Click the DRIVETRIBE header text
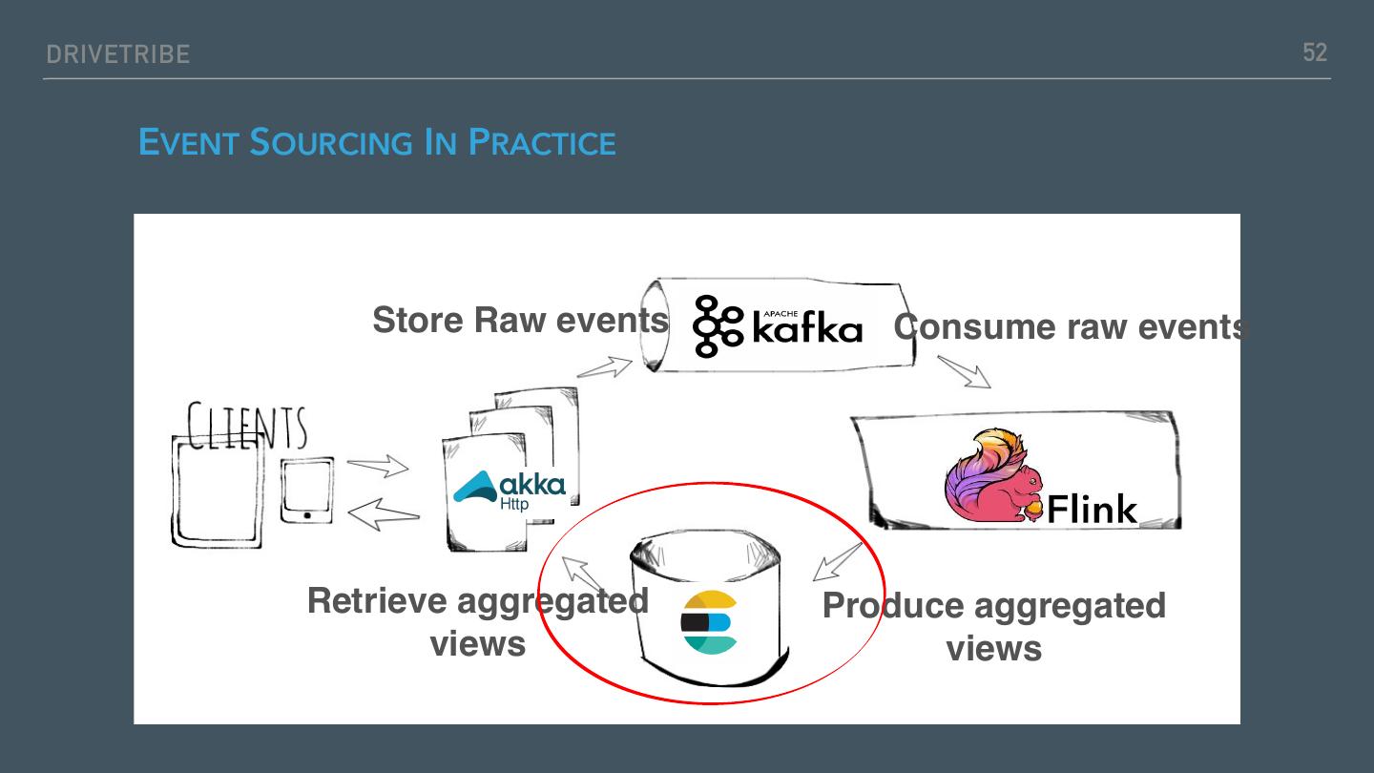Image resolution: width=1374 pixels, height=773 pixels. click(x=118, y=54)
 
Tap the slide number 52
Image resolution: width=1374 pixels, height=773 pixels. click(x=1315, y=52)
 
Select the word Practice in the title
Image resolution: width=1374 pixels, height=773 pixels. click(x=542, y=143)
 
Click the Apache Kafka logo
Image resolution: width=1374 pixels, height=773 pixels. click(x=778, y=325)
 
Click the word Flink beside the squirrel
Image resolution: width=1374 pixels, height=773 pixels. click(x=1092, y=509)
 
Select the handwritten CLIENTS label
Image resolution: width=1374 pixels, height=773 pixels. click(x=247, y=427)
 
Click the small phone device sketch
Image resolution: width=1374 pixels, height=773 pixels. click(x=307, y=490)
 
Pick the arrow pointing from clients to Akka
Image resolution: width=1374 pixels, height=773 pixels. click(x=378, y=468)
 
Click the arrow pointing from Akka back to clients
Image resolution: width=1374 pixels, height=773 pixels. click(x=383, y=515)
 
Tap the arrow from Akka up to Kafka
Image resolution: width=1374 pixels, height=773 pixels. click(x=605, y=367)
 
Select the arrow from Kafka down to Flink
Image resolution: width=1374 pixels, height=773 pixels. click(x=964, y=371)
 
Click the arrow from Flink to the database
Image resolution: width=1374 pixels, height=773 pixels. click(x=837, y=561)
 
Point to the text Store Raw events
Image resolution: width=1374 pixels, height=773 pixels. click(x=520, y=320)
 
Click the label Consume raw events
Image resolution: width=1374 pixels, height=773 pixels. click(x=1071, y=326)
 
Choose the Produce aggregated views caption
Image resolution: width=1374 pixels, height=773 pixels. click(x=993, y=626)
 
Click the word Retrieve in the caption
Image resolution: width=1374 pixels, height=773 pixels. click(x=377, y=601)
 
